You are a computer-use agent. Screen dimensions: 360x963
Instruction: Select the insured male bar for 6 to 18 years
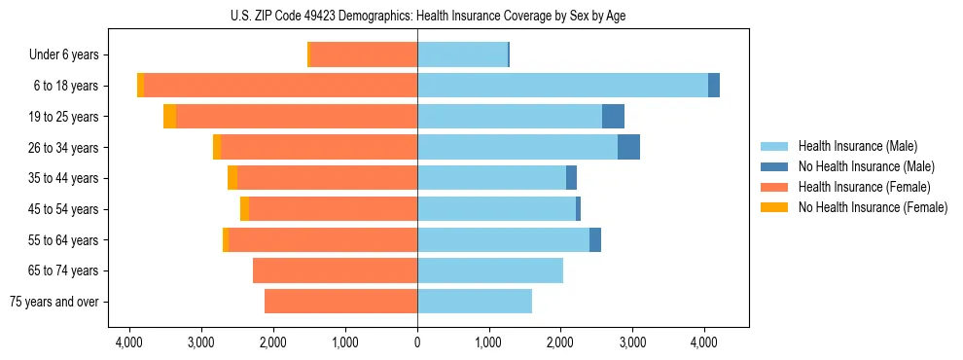[x=562, y=86]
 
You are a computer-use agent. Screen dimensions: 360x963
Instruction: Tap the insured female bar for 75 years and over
[x=340, y=302]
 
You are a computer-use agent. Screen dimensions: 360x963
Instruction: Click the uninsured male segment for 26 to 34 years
[x=628, y=147]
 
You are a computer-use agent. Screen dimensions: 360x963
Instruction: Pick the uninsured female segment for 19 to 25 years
[x=169, y=117]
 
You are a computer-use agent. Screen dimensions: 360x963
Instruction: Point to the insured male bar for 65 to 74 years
[x=490, y=270]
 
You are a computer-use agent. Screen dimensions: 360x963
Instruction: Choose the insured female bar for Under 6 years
[x=364, y=54]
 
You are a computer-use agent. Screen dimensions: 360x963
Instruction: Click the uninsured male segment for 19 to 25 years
[x=613, y=117]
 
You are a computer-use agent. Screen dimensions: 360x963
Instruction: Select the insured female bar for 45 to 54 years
[x=333, y=209]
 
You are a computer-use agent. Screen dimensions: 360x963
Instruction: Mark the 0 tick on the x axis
[x=417, y=342]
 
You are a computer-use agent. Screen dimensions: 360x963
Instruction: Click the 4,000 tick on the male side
[x=704, y=342]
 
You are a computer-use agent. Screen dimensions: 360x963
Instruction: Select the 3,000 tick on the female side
[x=201, y=342]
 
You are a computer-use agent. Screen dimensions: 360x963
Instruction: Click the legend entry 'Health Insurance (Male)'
[x=857, y=146]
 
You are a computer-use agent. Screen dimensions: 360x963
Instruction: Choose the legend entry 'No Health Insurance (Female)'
[x=873, y=207]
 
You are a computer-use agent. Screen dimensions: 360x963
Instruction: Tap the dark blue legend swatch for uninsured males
[x=773, y=166]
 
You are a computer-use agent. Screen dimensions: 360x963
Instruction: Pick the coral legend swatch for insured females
[x=773, y=187]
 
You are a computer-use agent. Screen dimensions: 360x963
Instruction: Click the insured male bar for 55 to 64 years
[x=503, y=239]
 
